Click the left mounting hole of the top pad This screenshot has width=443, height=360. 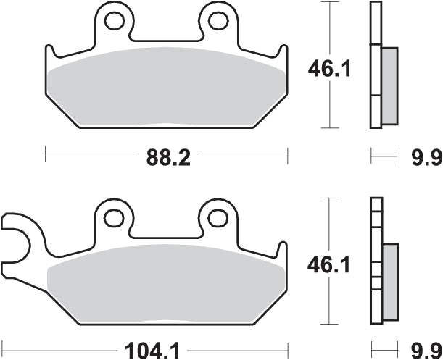(114, 21)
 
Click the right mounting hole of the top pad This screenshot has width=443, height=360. (217, 21)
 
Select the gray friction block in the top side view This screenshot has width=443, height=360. (389, 84)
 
